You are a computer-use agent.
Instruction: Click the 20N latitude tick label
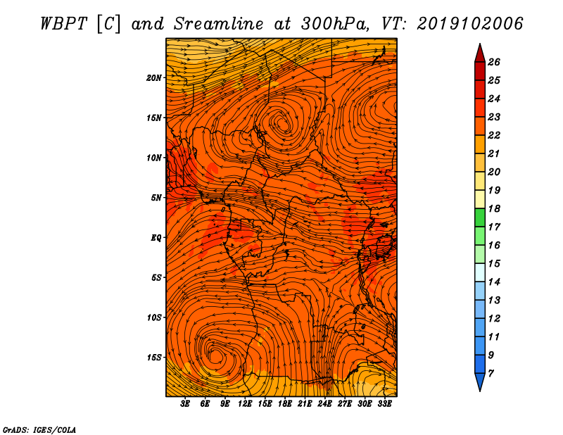pos(154,78)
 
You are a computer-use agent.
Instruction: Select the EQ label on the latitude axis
pos(156,238)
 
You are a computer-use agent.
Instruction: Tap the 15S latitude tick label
pos(154,358)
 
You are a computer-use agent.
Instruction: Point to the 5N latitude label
pos(156,198)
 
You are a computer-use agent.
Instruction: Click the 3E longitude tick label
pos(185,404)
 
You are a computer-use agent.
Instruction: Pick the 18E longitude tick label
pos(284,404)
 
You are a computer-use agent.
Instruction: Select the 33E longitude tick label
pos(384,404)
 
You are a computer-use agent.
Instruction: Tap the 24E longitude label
pos(324,404)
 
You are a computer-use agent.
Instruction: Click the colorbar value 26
pos(494,62)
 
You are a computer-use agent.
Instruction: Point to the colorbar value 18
pos(494,208)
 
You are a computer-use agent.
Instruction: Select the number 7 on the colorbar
pos(491,374)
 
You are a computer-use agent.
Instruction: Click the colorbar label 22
pos(494,135)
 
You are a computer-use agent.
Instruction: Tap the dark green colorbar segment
pos(480,217)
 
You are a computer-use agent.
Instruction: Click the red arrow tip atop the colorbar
pos(480,44)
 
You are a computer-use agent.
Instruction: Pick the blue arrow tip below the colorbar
pos(480,391)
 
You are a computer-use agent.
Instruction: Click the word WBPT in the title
pos(63,24)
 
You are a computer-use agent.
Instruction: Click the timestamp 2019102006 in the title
pos(470,24)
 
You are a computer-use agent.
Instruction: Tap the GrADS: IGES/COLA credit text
pos(39,430)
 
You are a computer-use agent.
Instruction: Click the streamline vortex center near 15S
pos(215,355)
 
